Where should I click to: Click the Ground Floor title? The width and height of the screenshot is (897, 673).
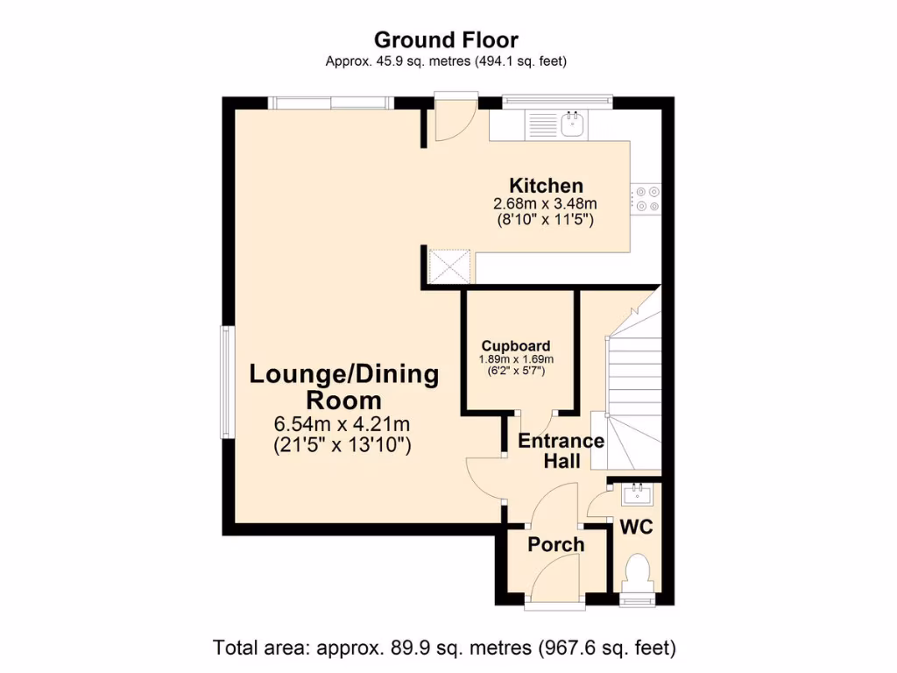(446, 39)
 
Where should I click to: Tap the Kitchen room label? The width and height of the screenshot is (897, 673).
(546, 185)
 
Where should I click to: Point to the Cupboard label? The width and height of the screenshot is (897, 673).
(516, 345)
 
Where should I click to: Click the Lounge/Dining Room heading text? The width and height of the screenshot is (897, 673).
(343, 386)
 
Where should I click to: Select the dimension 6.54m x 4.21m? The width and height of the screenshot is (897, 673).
(343, 425)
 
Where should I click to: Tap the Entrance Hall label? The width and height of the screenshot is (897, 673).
(561, 450)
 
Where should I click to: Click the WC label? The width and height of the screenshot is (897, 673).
(638, 528)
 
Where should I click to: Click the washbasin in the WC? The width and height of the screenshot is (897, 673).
(636, 495)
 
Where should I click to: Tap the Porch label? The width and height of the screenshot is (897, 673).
(555, 545)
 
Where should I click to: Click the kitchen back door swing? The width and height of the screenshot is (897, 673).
(454, 122)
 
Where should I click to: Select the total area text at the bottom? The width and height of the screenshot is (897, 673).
(445, 648)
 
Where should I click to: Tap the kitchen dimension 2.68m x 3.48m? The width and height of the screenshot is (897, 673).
(545, 204)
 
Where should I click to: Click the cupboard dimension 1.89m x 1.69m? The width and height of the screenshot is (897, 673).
(516, 359)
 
